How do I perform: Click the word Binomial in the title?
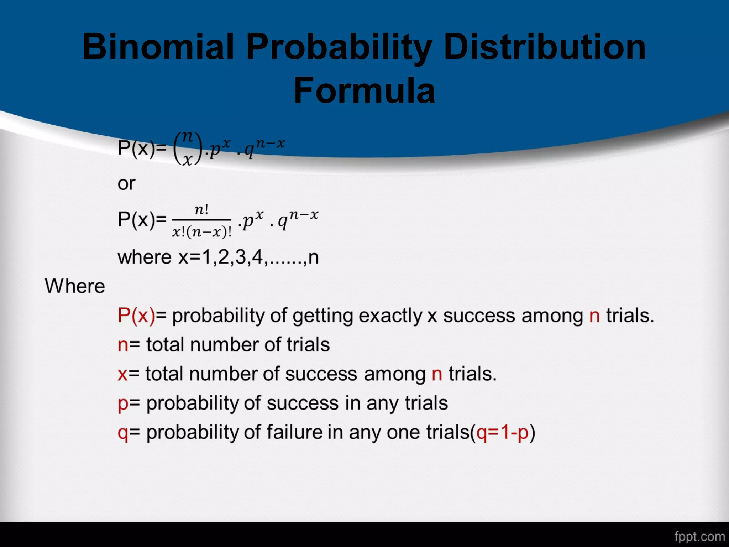coord(158,47)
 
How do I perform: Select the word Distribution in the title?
coord(544,47)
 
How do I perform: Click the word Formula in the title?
coord(364,91)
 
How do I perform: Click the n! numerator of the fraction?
coord(201,209)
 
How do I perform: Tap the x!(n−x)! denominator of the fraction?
coord(202,232)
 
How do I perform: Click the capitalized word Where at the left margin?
coord(75,286)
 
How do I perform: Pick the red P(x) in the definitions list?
coord(136,316)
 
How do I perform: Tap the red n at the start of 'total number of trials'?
coord(123,345)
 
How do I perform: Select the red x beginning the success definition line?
coord(122,374)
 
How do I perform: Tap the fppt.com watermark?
coord(699,536)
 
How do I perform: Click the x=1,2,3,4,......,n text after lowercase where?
coord(248,257)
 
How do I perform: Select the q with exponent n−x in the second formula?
coord(298,219)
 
